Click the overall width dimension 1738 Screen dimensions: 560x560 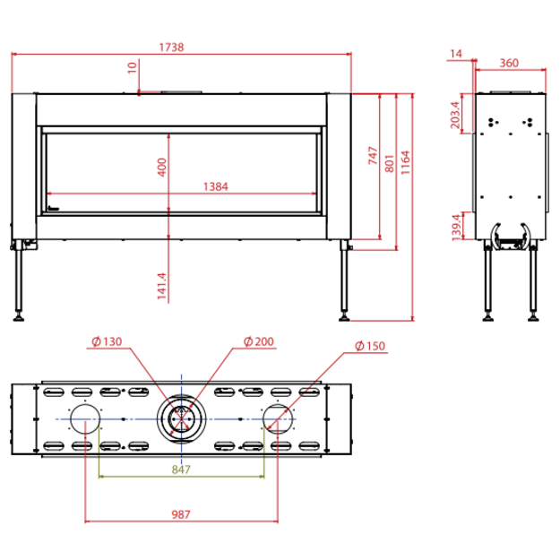tap(171, 47)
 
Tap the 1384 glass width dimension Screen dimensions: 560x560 tap(215, 186)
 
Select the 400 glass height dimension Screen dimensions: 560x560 tap(162, 168)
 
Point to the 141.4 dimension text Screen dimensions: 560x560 tap(162, 286)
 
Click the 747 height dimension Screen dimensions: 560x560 tap(373, 156)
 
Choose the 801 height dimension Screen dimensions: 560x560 tap(390, 164)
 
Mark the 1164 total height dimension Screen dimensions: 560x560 tap(405, 162)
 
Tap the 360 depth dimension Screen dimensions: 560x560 tap(509, 64)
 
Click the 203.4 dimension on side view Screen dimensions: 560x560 tap(455, 115)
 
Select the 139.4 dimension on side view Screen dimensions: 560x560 tap(456, 228)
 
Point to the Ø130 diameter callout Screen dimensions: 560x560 tap(107, 341)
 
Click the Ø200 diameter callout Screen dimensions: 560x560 tap(259, 341)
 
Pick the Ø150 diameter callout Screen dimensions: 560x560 tap(370, 346)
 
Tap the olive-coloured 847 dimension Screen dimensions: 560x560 tap(181, 470)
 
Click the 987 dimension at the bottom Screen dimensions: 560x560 tap(181, 514)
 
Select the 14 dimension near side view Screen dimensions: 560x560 tap(456, 54)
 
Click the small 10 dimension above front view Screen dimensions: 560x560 tap(132, 67)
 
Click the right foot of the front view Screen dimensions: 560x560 tap(344, 317)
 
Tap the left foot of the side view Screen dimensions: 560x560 tap(488, 317)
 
